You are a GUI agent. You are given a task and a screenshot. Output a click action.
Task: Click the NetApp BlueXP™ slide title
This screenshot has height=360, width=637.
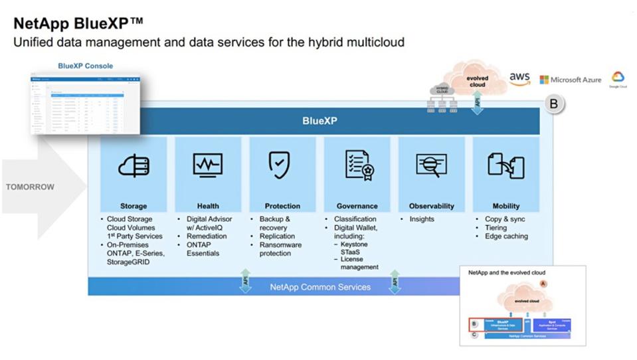tap(78, 24)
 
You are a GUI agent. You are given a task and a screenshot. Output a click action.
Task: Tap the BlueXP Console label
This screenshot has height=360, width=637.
tap(86, 66)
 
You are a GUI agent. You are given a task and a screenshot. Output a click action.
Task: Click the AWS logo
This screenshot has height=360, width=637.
tap(519, 78)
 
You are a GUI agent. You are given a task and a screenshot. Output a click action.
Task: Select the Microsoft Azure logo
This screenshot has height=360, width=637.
tap(570, 80)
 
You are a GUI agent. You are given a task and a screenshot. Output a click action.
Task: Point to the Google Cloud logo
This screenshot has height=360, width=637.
tap(618, 79)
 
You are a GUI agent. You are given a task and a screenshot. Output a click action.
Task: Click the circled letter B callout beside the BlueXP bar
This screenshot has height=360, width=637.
tap(553, 105)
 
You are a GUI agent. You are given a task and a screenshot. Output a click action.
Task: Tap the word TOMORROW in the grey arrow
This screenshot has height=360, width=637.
tap(30, 187)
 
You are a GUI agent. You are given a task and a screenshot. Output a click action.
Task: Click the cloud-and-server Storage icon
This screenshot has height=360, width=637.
tap(134, 165)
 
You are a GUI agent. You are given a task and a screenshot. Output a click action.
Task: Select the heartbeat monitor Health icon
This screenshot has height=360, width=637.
tap(208, 165)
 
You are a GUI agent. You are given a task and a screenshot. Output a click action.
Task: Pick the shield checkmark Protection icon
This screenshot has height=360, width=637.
tap(280, 164)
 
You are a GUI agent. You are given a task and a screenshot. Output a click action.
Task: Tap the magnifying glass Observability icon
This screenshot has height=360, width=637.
tap(430, 165)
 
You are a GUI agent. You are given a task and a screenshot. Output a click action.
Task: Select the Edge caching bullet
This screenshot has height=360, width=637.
tap(506, 236)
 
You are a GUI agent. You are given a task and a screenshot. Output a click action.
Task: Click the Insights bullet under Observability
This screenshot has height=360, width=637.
tap(422, 219)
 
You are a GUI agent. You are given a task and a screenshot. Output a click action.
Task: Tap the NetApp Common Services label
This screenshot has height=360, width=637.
tap(320, 287)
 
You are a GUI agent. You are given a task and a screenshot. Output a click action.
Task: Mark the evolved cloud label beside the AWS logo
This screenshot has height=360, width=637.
tap(477, 81)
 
